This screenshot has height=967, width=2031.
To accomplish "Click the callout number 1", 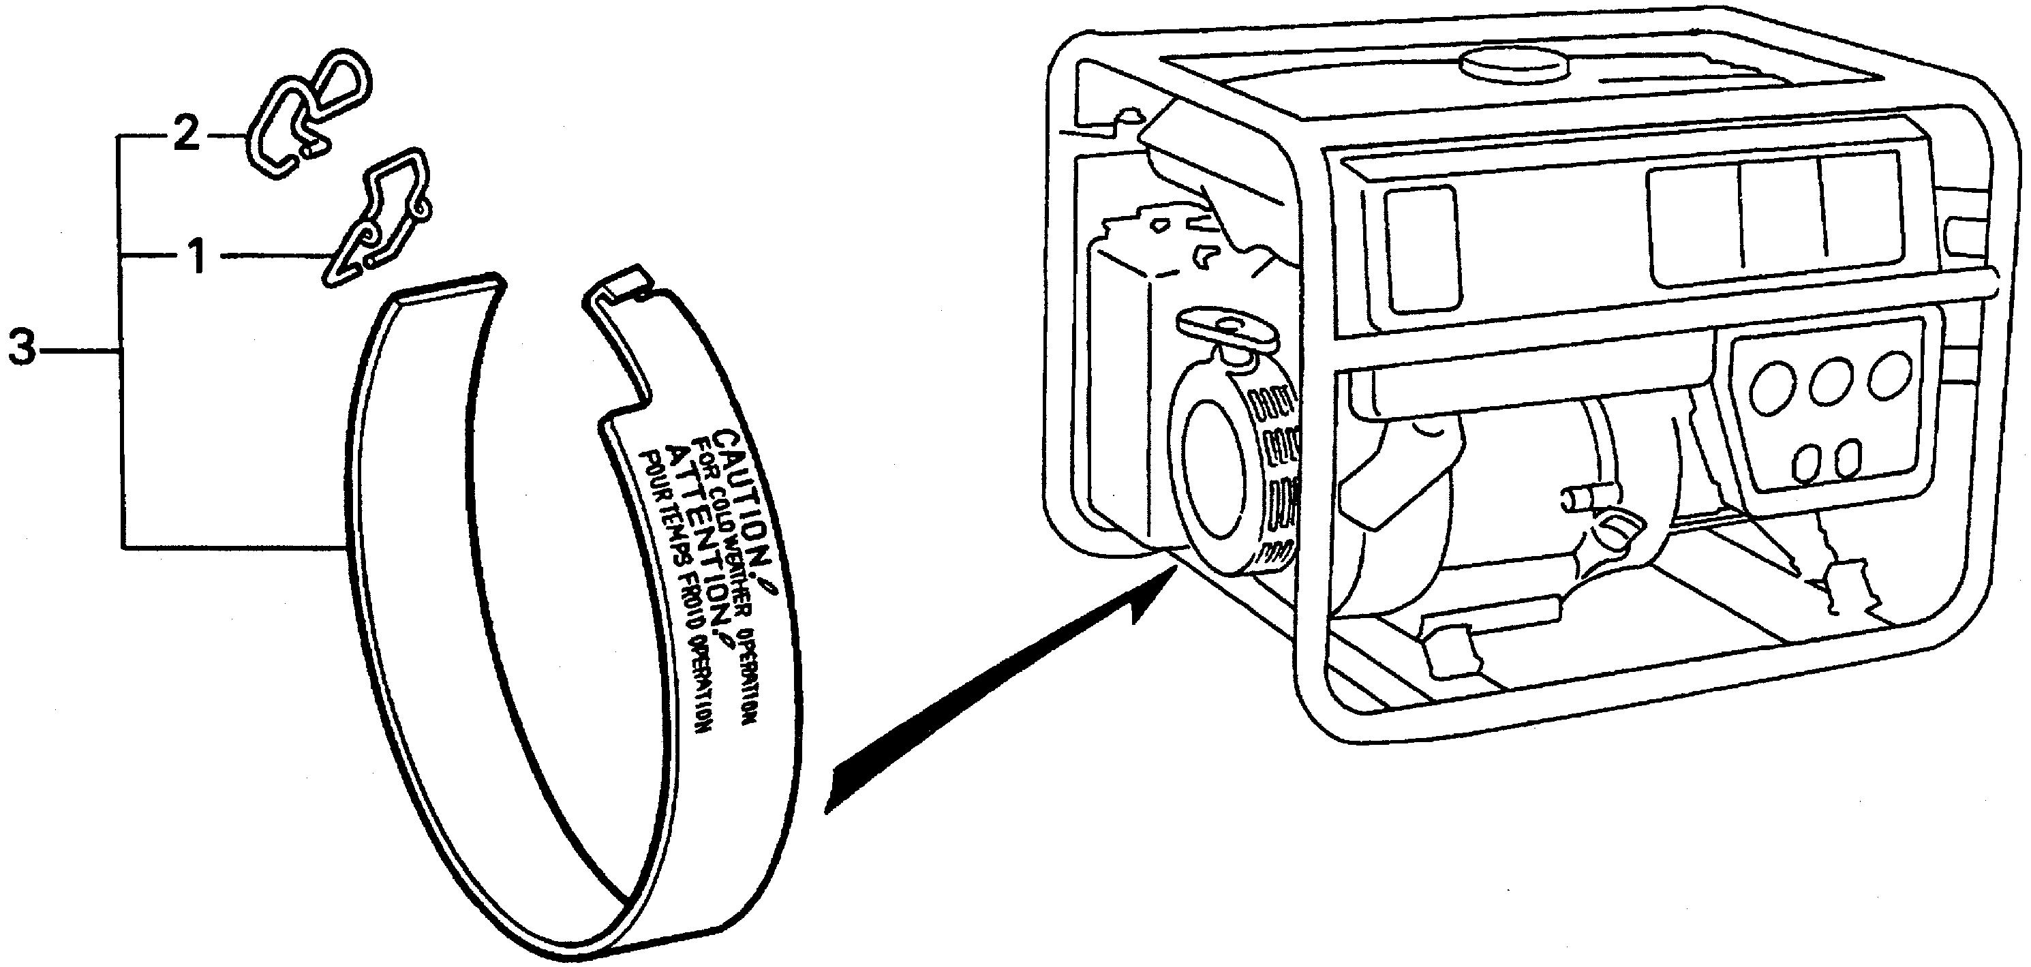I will [x=198, y=256].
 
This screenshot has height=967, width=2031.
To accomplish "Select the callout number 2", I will [x=186, y=136].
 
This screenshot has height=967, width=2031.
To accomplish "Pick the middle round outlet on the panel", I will [x=1831, y=381].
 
